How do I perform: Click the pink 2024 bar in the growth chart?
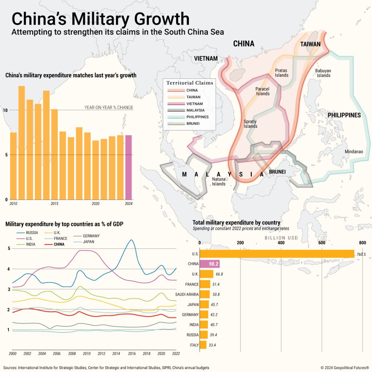coord(129,167)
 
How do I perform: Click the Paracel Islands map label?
coord(263,91)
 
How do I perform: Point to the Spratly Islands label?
coord(251,124)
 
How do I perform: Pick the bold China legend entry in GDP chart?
coord(59,244)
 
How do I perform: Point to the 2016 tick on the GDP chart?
coord(132,353)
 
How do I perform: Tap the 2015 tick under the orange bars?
coord(54,203)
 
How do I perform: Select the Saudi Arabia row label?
coord(187,294)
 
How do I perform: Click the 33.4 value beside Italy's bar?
coord(215,345)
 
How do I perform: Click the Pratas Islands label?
coord(282,73)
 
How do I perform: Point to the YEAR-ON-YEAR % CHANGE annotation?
coord(109,108)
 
